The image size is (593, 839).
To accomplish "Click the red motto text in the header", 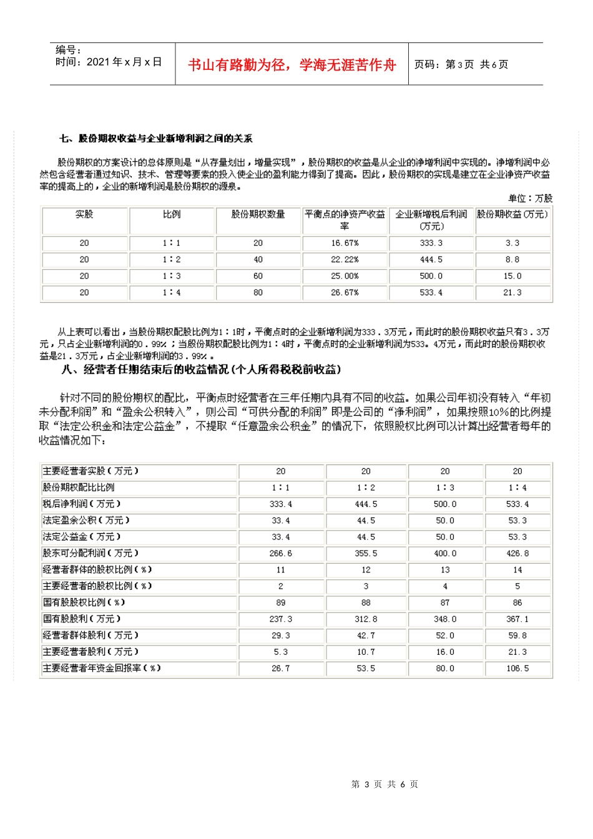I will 292,65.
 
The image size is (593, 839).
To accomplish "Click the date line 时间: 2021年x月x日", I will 109,62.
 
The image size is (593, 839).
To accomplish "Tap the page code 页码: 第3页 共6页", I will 461,64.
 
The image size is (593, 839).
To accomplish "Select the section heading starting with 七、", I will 156,139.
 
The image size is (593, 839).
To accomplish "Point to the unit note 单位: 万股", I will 530,198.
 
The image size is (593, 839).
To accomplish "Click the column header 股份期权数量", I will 258,214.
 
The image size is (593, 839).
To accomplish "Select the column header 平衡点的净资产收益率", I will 345,220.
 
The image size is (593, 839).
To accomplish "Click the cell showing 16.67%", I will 345,243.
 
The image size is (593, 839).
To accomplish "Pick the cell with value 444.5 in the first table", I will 431,259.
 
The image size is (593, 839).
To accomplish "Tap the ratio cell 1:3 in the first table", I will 171,276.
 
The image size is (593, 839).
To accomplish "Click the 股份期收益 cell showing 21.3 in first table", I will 512,292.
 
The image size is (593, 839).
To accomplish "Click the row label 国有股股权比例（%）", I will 84,602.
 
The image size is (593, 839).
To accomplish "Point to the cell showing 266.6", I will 280,553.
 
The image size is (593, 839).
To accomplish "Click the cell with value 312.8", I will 366,619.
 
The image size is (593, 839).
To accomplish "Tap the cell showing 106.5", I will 517,668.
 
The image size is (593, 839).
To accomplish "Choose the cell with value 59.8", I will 517,635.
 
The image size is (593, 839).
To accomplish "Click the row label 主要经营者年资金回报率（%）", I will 102,668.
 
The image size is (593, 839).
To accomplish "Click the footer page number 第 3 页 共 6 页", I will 385,784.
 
